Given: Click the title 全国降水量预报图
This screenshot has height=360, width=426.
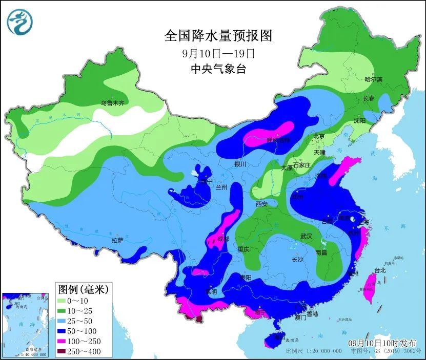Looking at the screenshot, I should tap(218, 36).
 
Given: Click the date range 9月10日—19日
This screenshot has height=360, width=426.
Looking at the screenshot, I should tap(218, 53).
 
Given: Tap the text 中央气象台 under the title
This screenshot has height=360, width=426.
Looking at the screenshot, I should tap(218, 69).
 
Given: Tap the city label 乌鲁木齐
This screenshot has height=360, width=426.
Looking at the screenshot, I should tap(112, 103).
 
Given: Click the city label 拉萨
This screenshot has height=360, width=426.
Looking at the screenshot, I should tap(117, 240).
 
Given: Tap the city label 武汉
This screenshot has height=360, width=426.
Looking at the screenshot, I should tap(307, 237).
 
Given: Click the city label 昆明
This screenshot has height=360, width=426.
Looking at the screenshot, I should tap(211, 291).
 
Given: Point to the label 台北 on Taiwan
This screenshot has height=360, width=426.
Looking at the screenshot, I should tap(379, 270).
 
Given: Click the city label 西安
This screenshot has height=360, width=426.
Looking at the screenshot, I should tap(261, 204).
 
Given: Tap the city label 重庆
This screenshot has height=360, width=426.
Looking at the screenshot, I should tap(243, 249).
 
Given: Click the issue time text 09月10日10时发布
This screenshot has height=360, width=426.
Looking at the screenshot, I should tap(382, 342).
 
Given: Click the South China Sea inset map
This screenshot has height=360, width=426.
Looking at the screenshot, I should tap(26, 325).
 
